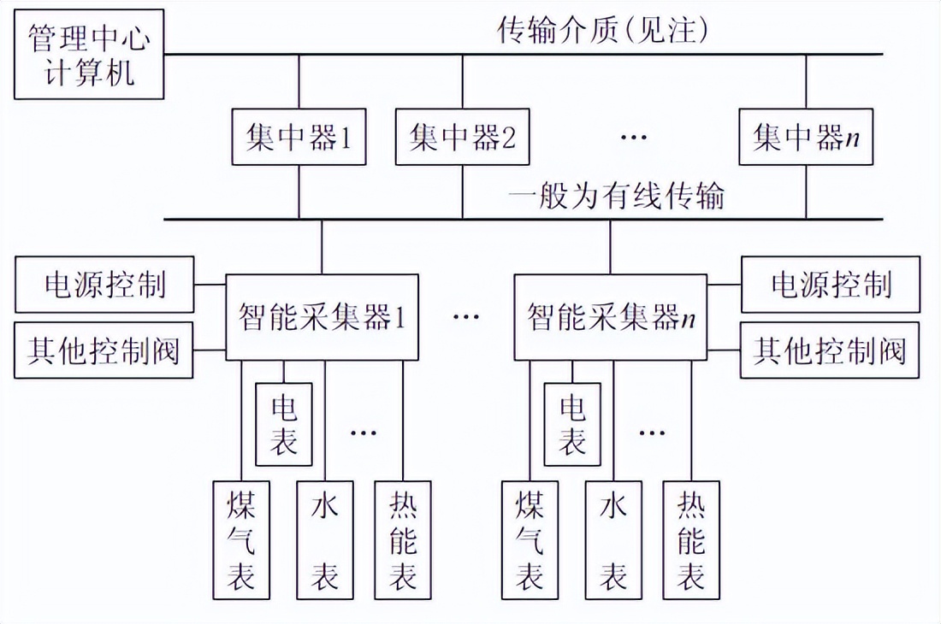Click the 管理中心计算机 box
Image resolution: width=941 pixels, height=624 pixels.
[89, 56]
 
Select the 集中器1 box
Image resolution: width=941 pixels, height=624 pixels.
[299, 137]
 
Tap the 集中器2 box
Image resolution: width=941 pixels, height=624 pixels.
[462, 137]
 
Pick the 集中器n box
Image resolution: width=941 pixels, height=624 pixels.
[806, 137]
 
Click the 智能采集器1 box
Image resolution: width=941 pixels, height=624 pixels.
[322, 317]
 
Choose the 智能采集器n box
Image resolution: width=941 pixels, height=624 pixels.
[610, 317]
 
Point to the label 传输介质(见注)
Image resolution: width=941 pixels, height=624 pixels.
[604, 31]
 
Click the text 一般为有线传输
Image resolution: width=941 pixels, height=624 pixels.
[616, 196]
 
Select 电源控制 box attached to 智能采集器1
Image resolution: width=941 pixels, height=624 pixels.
[104, 285]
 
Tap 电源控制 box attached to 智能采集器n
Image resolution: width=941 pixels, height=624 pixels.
[830, 285]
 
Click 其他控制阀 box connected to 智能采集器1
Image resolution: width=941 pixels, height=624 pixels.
[104, 350]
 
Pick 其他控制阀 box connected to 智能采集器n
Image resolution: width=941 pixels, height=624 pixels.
[830, 350]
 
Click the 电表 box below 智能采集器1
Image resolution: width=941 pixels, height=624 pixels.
[284, 424]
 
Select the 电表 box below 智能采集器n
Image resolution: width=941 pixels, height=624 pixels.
[572, 424]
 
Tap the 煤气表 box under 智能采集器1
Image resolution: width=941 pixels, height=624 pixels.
[240, 539]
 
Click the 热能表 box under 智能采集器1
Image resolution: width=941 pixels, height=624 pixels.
[403, 539]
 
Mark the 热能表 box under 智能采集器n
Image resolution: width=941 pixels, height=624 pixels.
[691, 539]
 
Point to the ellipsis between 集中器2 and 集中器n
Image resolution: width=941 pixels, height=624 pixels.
[633, 138]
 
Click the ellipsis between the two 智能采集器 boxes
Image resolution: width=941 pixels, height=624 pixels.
[466, 317]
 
